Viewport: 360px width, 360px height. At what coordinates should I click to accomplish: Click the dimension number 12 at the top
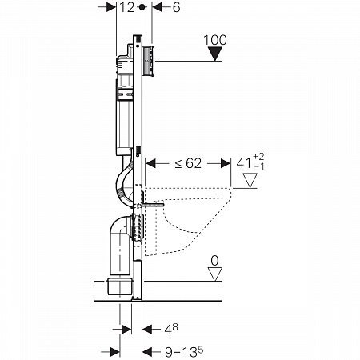[x=126, y=7]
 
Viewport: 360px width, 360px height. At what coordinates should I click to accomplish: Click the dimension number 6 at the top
[x=176, y=7]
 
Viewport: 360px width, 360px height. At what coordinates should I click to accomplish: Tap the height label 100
[x=215, y=40]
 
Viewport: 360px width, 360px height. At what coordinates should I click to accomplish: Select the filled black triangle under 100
[x=215, y=54]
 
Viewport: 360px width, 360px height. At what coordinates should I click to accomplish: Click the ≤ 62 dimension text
[x=188, y=163]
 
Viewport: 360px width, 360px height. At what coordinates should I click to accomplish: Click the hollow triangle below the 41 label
[x=250, y=181]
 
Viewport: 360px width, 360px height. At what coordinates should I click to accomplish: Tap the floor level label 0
[x=214, y=261]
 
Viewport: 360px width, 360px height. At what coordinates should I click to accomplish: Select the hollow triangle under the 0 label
[x=215, y=274]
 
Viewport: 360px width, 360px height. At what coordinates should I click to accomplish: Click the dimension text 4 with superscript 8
[x=171, y=330]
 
